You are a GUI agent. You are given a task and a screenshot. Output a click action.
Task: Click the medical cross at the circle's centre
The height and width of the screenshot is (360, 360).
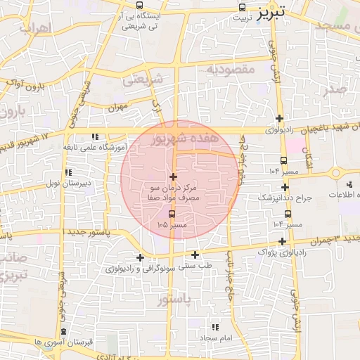coord(173,176)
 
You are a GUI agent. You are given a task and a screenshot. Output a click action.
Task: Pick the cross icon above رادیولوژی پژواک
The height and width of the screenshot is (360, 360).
coord(282,241)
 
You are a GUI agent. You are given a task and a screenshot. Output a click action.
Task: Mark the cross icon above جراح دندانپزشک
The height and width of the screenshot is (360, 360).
coord(285,187)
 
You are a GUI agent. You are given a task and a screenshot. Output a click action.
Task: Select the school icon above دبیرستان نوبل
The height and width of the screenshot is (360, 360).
coord(68,172)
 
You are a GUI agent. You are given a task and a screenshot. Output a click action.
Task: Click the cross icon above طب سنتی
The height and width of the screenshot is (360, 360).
coord(195,254)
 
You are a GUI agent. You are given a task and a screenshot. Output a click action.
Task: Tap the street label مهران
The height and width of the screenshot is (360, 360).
coord(116,108)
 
